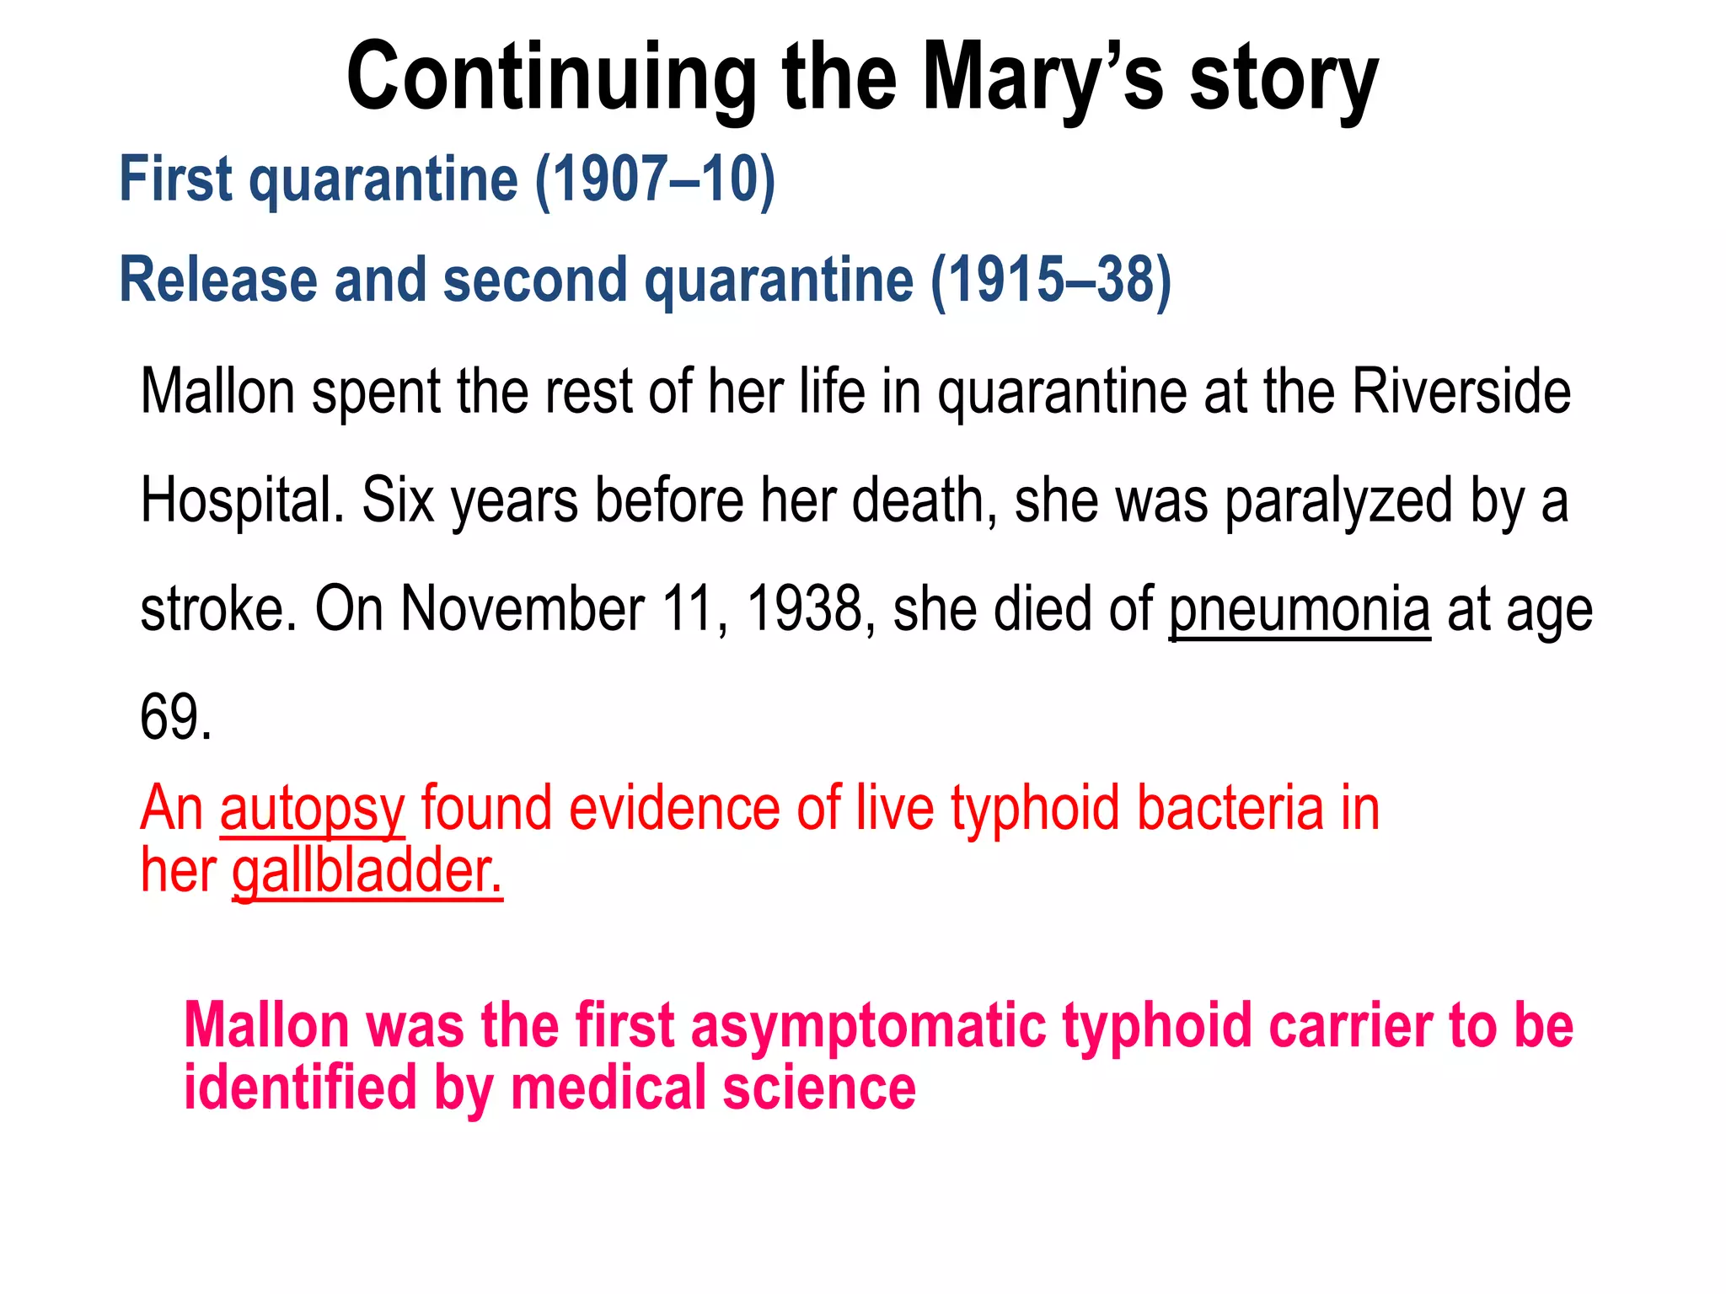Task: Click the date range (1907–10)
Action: (655, 179)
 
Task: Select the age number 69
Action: (174, 717)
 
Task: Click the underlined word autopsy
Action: (312, 808)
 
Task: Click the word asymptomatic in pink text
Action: (867, 1025)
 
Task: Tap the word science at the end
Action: (818, 1088)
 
